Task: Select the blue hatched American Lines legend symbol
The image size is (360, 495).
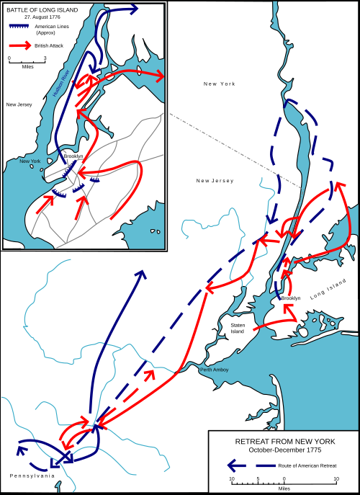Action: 19,27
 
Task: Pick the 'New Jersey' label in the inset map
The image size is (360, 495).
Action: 18,104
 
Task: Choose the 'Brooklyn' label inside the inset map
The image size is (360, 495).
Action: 73,156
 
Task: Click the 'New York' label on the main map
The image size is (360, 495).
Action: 219,84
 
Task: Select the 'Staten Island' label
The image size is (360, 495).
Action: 238,329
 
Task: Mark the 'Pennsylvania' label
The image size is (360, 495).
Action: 32,476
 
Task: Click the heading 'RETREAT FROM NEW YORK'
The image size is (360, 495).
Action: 284,441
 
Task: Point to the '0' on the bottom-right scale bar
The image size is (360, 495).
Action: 284,478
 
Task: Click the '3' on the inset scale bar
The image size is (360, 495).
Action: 45,58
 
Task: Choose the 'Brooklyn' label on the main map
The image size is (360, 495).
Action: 291,298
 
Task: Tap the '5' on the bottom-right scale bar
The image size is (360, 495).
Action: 258,478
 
